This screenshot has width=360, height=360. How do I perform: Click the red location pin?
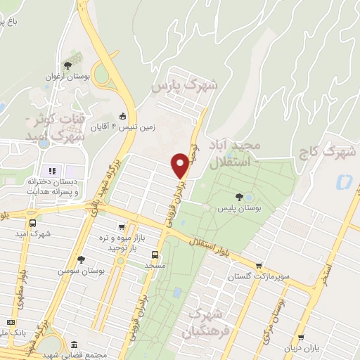pos(180,166)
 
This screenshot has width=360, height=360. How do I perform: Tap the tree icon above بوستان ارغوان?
pos(67,65)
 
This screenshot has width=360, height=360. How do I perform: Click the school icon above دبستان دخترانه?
pos(51,171)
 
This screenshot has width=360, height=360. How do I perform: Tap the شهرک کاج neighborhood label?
pos(334,150)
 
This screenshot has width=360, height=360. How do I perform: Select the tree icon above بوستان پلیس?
pos(240,198)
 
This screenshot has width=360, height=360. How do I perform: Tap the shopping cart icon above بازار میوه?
pos(122,227)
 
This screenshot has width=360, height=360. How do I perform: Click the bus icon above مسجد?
pos(155,255)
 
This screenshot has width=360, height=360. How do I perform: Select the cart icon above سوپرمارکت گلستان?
pos(259,266)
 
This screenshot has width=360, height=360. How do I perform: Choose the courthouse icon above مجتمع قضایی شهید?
pos(75,345)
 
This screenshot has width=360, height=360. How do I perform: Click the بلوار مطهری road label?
pos(23,285)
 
